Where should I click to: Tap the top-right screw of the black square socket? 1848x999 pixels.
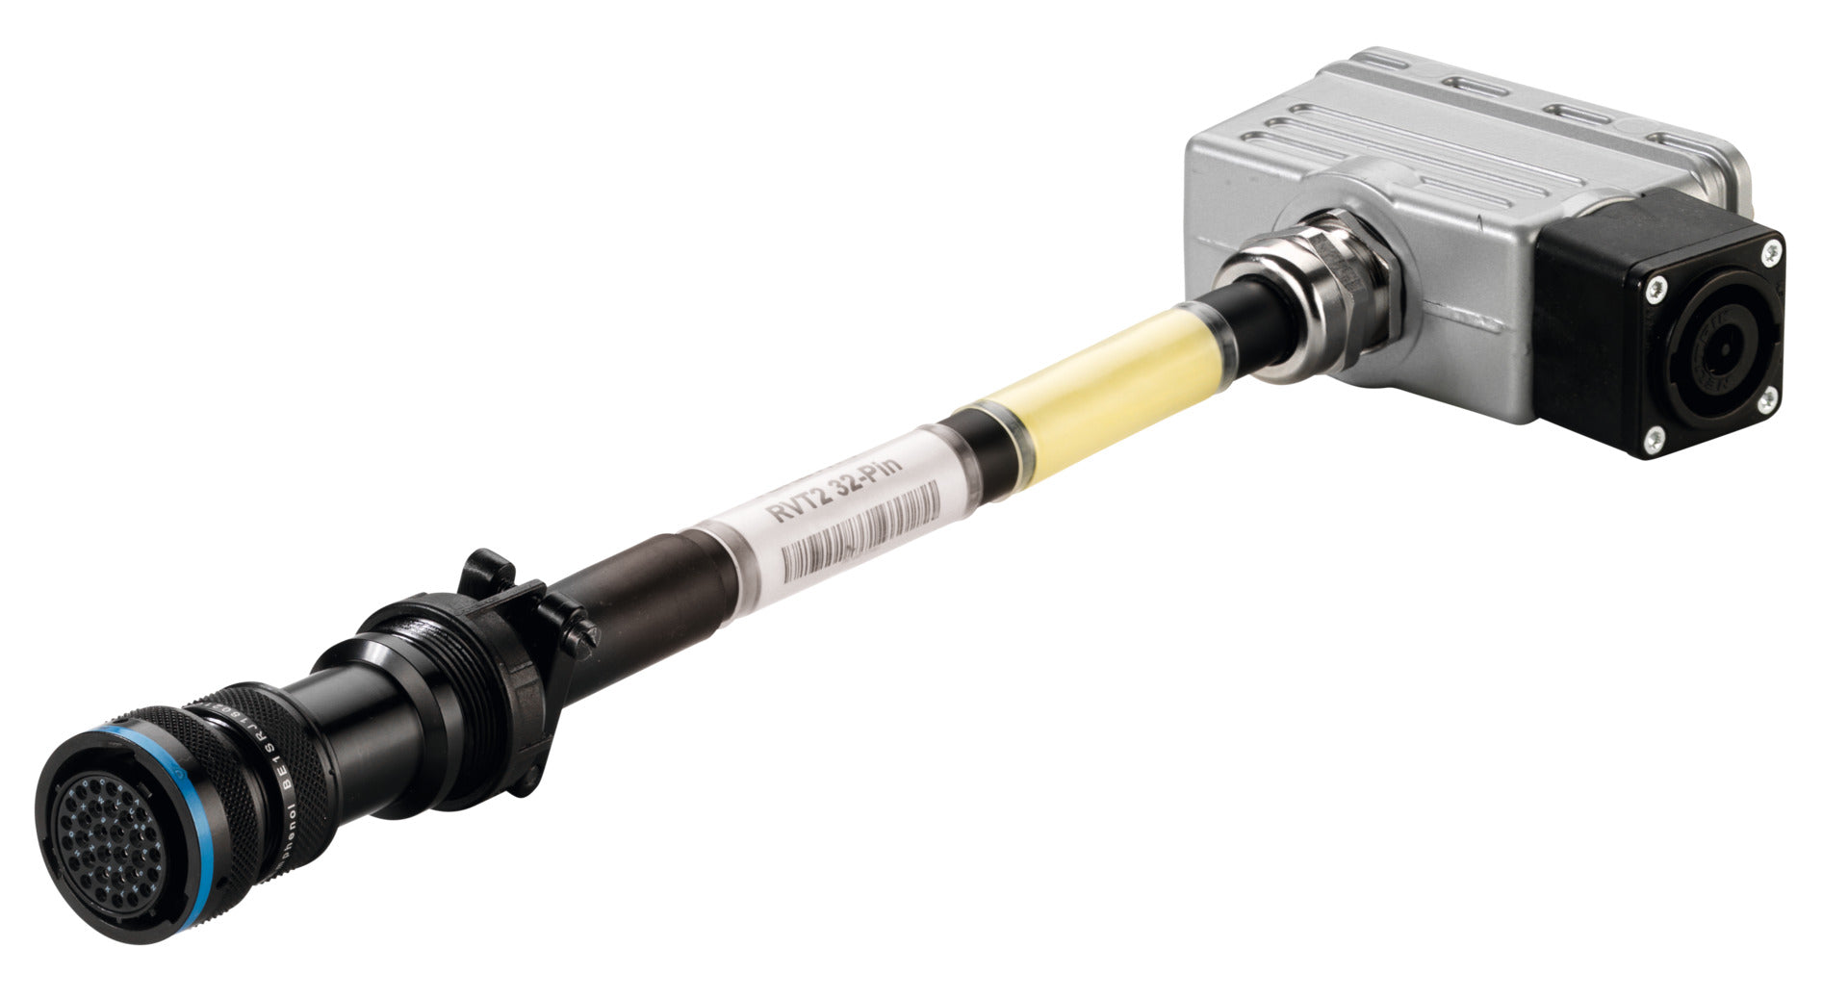click(x=1769, y=252)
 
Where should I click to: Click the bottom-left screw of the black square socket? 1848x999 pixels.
click(x=1652, y=440)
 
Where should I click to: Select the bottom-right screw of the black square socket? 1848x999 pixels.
click(x=1766, y=397)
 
